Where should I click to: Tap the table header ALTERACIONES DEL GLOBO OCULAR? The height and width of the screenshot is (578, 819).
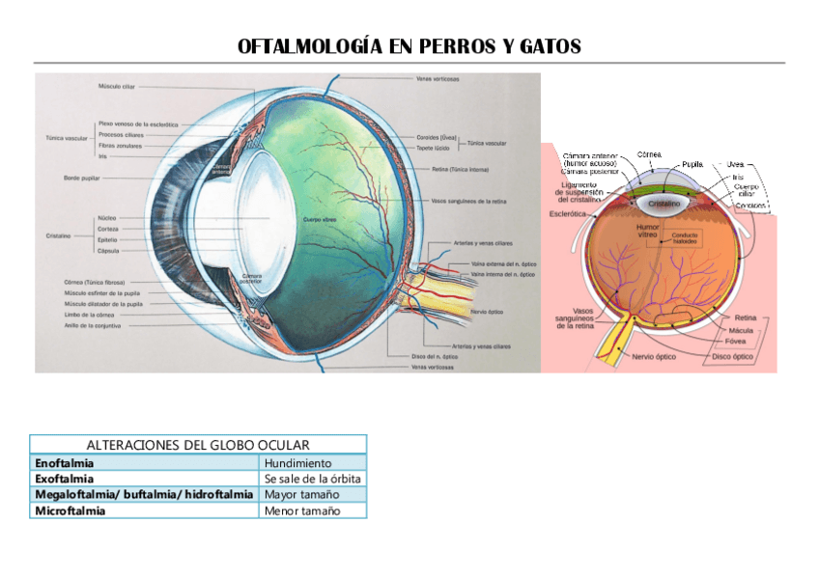click(x=198, y=445)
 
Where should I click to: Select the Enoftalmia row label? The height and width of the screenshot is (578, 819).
click(x=65, y=463)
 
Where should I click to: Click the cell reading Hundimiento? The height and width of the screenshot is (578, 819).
click(x=297, y=463)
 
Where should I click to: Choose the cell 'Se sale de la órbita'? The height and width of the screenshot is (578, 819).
click(x=313, y=479)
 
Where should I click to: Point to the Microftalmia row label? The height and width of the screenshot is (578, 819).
click(x=70, y=510)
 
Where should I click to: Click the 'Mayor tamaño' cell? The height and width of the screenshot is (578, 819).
click(x=301, y=494)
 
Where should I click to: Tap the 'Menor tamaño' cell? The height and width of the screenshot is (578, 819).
click(x=302, y=510)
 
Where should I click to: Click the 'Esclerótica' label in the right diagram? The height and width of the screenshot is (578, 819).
click(x=568, y=213)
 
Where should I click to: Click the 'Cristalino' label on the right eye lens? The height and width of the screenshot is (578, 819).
click(x=665, y=206)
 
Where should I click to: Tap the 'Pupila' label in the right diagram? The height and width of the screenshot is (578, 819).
click(x=692, y=164)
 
